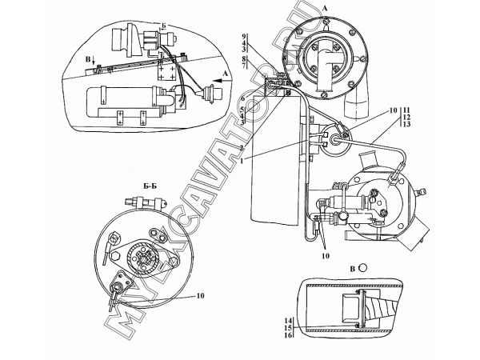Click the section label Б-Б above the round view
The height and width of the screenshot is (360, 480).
click(150, 186)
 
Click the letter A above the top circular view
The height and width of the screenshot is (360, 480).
click(325, 9)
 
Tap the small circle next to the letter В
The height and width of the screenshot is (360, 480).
click(362, 267)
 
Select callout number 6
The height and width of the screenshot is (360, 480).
click(242, 98)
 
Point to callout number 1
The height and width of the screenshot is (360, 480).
click(242, 161)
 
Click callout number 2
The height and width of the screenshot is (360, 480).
click(242, 148)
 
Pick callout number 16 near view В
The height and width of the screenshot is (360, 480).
click(289, 335)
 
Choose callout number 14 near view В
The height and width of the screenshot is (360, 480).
click(289, 321)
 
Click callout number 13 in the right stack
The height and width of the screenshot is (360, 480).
click(407, 124)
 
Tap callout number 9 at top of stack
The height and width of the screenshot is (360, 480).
click(243, 35)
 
